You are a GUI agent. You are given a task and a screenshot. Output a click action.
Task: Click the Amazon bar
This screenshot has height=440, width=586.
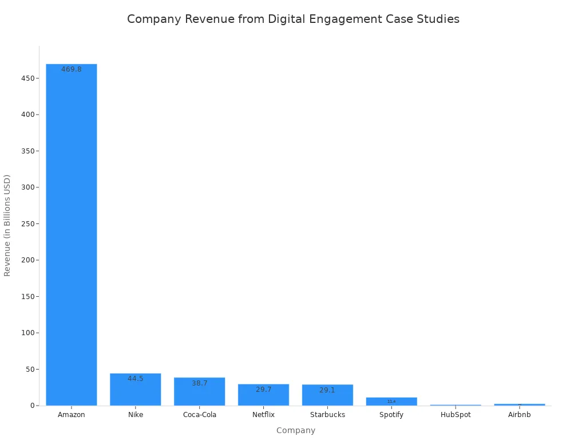72,235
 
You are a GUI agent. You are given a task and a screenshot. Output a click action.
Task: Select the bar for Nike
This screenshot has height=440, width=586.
136,390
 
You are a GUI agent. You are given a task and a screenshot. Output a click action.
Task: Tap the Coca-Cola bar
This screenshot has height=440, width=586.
200,392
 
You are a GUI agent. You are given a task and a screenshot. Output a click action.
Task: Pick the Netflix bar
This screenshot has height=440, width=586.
264,395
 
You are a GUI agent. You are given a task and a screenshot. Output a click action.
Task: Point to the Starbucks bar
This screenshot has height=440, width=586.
327,395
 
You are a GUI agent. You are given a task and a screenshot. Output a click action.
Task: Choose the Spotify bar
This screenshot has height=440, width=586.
391,401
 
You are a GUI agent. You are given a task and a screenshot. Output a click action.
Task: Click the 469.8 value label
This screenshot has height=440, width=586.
72,69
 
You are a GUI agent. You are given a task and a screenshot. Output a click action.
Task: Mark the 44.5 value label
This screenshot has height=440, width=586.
136,379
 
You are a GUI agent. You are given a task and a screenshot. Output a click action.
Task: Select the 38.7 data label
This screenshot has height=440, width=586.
200,383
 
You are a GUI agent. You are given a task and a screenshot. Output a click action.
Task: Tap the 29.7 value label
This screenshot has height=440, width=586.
264,390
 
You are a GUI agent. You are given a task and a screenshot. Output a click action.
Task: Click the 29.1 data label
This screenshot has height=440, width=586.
327,390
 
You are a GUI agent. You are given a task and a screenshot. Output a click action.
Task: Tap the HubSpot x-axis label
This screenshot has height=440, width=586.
456,415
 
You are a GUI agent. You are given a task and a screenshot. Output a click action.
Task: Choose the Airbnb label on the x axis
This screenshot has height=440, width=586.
520,415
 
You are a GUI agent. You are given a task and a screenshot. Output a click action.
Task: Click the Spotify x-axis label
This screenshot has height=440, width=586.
391,415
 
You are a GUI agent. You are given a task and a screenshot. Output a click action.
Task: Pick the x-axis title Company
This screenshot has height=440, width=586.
296,430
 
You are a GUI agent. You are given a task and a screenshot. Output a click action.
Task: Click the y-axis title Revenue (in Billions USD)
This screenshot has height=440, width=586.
7,225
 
